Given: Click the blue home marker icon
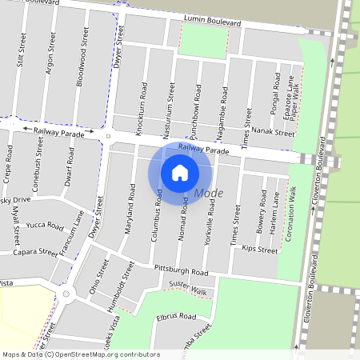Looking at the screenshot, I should coord(180,172).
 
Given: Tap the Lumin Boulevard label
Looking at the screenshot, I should coord(212,20).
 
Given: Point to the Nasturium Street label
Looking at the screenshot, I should coord(170,102).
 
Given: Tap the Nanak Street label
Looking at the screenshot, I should coord(273,134).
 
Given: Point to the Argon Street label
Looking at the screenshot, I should coord(50,55).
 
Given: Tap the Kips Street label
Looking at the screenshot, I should coord(259,250).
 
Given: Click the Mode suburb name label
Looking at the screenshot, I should coord(209,194).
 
